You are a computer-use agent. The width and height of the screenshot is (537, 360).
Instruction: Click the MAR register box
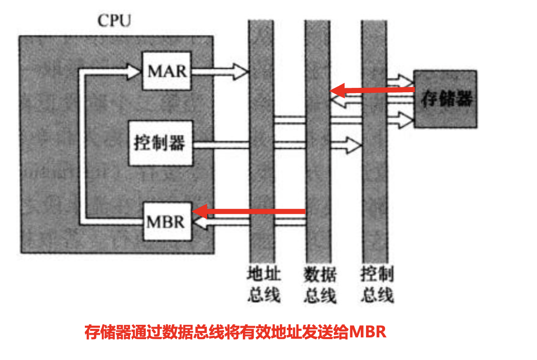(167, 71)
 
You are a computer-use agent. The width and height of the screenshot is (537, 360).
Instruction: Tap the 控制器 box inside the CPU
(160, 143)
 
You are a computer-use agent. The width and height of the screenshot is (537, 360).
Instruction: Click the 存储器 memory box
(445, 99)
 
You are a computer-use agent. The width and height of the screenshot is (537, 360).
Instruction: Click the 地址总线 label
(262, 285)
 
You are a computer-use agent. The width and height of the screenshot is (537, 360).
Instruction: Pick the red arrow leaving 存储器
(374, 90)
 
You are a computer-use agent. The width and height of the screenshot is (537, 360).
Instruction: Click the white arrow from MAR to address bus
(220, 71)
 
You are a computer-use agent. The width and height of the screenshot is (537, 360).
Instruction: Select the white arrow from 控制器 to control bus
(279, 145)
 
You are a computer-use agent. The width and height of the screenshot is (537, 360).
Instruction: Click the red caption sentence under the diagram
(235, 333)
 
